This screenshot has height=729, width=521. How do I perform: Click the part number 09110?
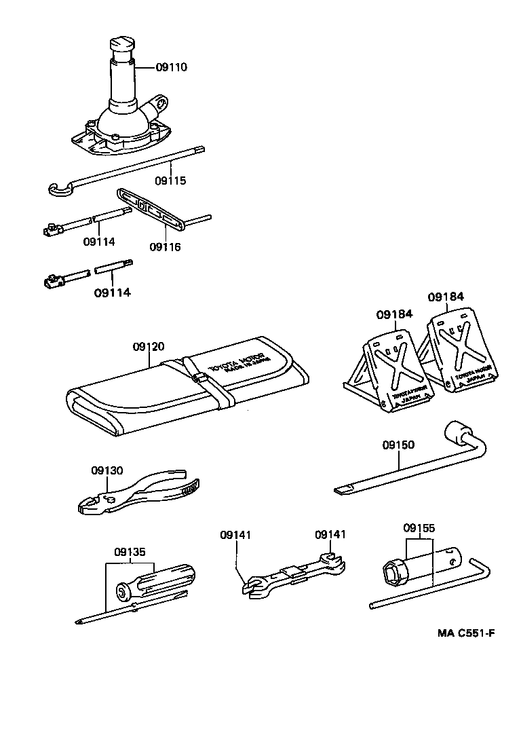tap(171, 67)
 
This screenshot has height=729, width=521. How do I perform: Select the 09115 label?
tap(170, 181)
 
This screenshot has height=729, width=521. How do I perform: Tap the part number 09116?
tap(166, 247)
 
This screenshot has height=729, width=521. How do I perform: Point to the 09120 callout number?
tap(149, 347)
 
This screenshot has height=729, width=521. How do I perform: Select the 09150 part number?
tap(398, 445)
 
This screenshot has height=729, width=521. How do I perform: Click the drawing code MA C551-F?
tap(466, 633)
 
